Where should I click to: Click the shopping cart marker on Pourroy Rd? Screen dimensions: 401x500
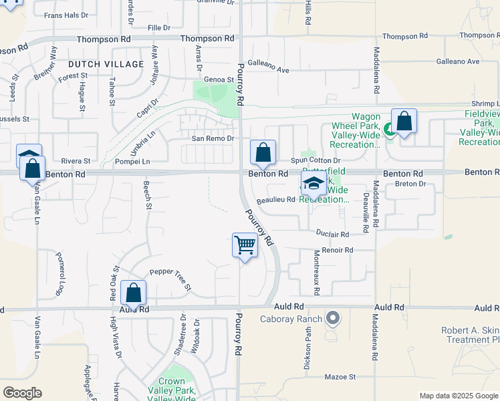pos(245,246)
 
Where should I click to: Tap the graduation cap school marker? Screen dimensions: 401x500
pos(313,184)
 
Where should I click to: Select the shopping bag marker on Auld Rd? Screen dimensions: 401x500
pos(133,293)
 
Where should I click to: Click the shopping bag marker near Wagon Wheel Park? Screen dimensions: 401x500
pos(404,122)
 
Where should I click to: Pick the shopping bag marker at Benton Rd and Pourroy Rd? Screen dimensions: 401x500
pos(263,152)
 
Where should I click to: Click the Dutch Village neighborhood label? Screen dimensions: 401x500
pos(106,64)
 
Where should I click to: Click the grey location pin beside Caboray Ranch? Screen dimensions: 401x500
pos(333,318)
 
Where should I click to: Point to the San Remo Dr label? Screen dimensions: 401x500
pos(213,138)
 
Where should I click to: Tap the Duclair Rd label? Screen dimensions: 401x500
pos(332,235)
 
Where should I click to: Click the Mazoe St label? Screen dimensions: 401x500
pos(340,377)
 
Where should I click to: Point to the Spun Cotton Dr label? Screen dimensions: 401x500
pos(316,160)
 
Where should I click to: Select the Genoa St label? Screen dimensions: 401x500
pos(219,79)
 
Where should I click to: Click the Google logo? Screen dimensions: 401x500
pos(21,393)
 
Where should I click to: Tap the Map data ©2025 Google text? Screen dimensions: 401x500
pos(458,396)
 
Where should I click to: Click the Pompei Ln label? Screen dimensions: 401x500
pos(132,161)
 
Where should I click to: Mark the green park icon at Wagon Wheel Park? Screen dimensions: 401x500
pos(389,128)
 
